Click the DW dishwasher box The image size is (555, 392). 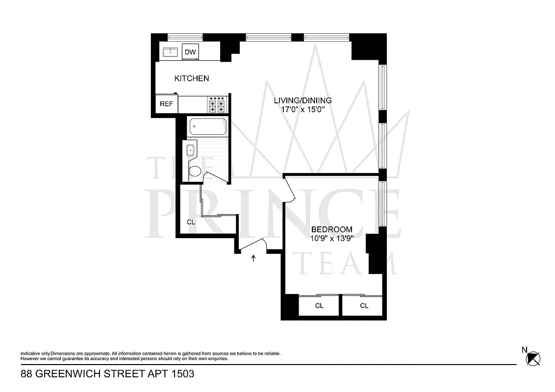tap(190, 52)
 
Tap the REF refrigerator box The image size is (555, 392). tap(166, 104)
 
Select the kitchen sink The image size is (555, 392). tap(171, 52)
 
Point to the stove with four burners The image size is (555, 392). tap(217, 104)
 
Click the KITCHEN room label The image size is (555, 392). tap(192, 78)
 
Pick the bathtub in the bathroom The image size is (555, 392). tap(207, 126)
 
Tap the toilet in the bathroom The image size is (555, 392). tap(195, 171)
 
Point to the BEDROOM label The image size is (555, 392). tap(332, 229)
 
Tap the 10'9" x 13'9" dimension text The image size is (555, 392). tap(332, 239)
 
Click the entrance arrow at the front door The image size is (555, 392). tap(253, 258)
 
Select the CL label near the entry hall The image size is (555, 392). tap(191, 222)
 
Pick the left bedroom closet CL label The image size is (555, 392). tap(319, 306)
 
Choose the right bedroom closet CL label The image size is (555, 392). tap(364, 306)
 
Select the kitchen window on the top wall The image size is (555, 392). tap(185, 37)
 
